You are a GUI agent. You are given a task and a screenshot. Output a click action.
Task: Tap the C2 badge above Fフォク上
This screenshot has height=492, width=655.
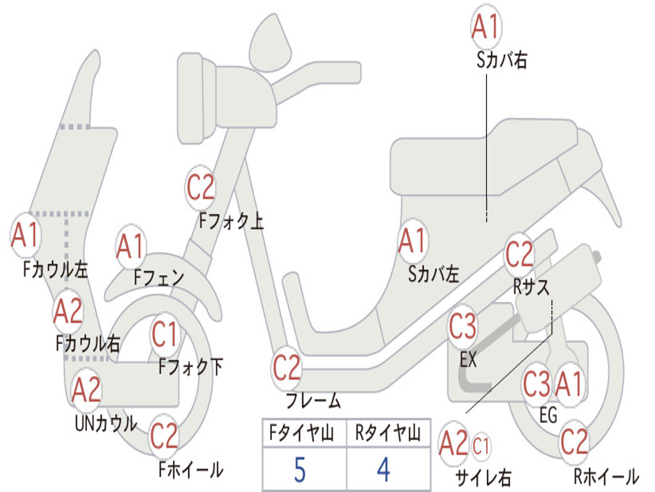point(200,188)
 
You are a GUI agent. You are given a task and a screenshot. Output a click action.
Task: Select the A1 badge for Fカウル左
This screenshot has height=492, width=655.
point(26,236)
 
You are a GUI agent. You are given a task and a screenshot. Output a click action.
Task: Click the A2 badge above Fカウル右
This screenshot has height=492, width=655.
point(68,311)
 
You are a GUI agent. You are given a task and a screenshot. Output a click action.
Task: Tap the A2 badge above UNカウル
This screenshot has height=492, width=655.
point(86,390)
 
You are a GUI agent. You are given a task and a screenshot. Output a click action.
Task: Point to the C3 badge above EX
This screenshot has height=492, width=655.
point(463,327)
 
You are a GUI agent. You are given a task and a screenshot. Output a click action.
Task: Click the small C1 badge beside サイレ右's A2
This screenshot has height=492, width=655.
point(481,447)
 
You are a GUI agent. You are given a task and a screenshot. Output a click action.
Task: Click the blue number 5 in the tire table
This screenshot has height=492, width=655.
point(300,470)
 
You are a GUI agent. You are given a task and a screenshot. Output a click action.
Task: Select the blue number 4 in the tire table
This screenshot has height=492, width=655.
point(384,470)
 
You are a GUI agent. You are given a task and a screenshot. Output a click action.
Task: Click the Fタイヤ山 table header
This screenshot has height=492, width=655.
point(302,433)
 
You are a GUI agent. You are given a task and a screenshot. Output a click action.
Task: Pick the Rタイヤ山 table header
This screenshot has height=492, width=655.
point(388,433)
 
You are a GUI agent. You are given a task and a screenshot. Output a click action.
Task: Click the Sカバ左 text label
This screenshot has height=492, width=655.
point(434,274)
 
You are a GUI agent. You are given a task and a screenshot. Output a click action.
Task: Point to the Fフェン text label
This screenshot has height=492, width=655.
point(159,277)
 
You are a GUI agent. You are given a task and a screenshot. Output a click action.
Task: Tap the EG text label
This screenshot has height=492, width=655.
point(548,415)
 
